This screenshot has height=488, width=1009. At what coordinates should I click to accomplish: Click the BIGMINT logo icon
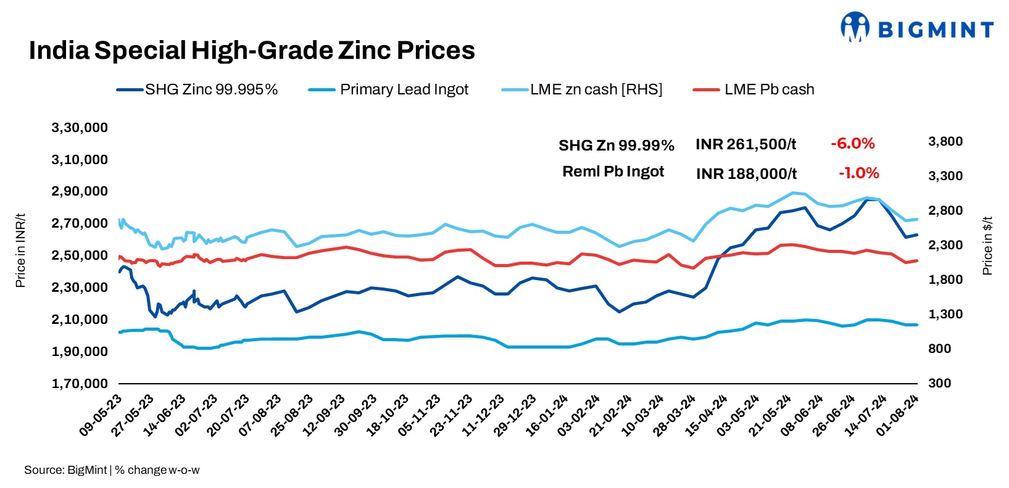(855, 27)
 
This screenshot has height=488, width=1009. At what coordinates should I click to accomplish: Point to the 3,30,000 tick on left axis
(80, 128)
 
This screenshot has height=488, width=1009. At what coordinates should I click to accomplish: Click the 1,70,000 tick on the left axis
(80, 383)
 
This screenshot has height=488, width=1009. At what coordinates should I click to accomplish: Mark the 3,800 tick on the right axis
(945, 141)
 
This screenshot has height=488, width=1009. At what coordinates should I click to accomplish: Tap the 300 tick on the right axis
(940, 383)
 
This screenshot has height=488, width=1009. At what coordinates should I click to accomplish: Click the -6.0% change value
(852, 144)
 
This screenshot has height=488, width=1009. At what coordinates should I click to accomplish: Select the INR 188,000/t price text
(746, 174)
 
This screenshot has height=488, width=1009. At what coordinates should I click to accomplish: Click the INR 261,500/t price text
(745, 144)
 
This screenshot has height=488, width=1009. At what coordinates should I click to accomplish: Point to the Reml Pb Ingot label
(613, 172)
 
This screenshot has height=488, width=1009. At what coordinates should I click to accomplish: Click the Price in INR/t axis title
(20, 250)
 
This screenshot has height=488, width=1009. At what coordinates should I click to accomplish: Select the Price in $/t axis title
(987, 245)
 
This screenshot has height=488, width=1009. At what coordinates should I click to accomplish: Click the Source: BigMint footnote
(65, 470)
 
